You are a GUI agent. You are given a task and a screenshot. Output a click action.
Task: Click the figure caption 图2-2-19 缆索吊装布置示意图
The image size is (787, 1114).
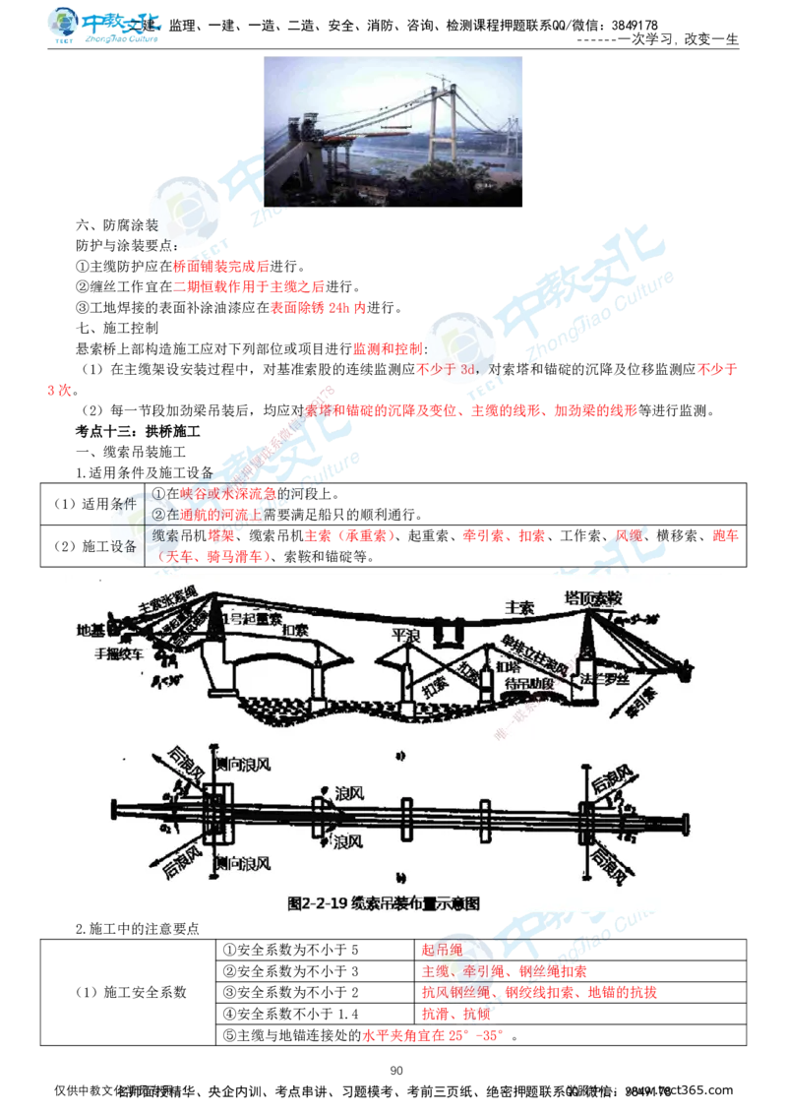[384, 902]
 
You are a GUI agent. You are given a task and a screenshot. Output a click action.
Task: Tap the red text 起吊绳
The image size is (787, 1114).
[441, 950]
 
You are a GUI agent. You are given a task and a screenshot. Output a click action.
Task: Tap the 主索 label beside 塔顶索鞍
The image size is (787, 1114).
[519, 608]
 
